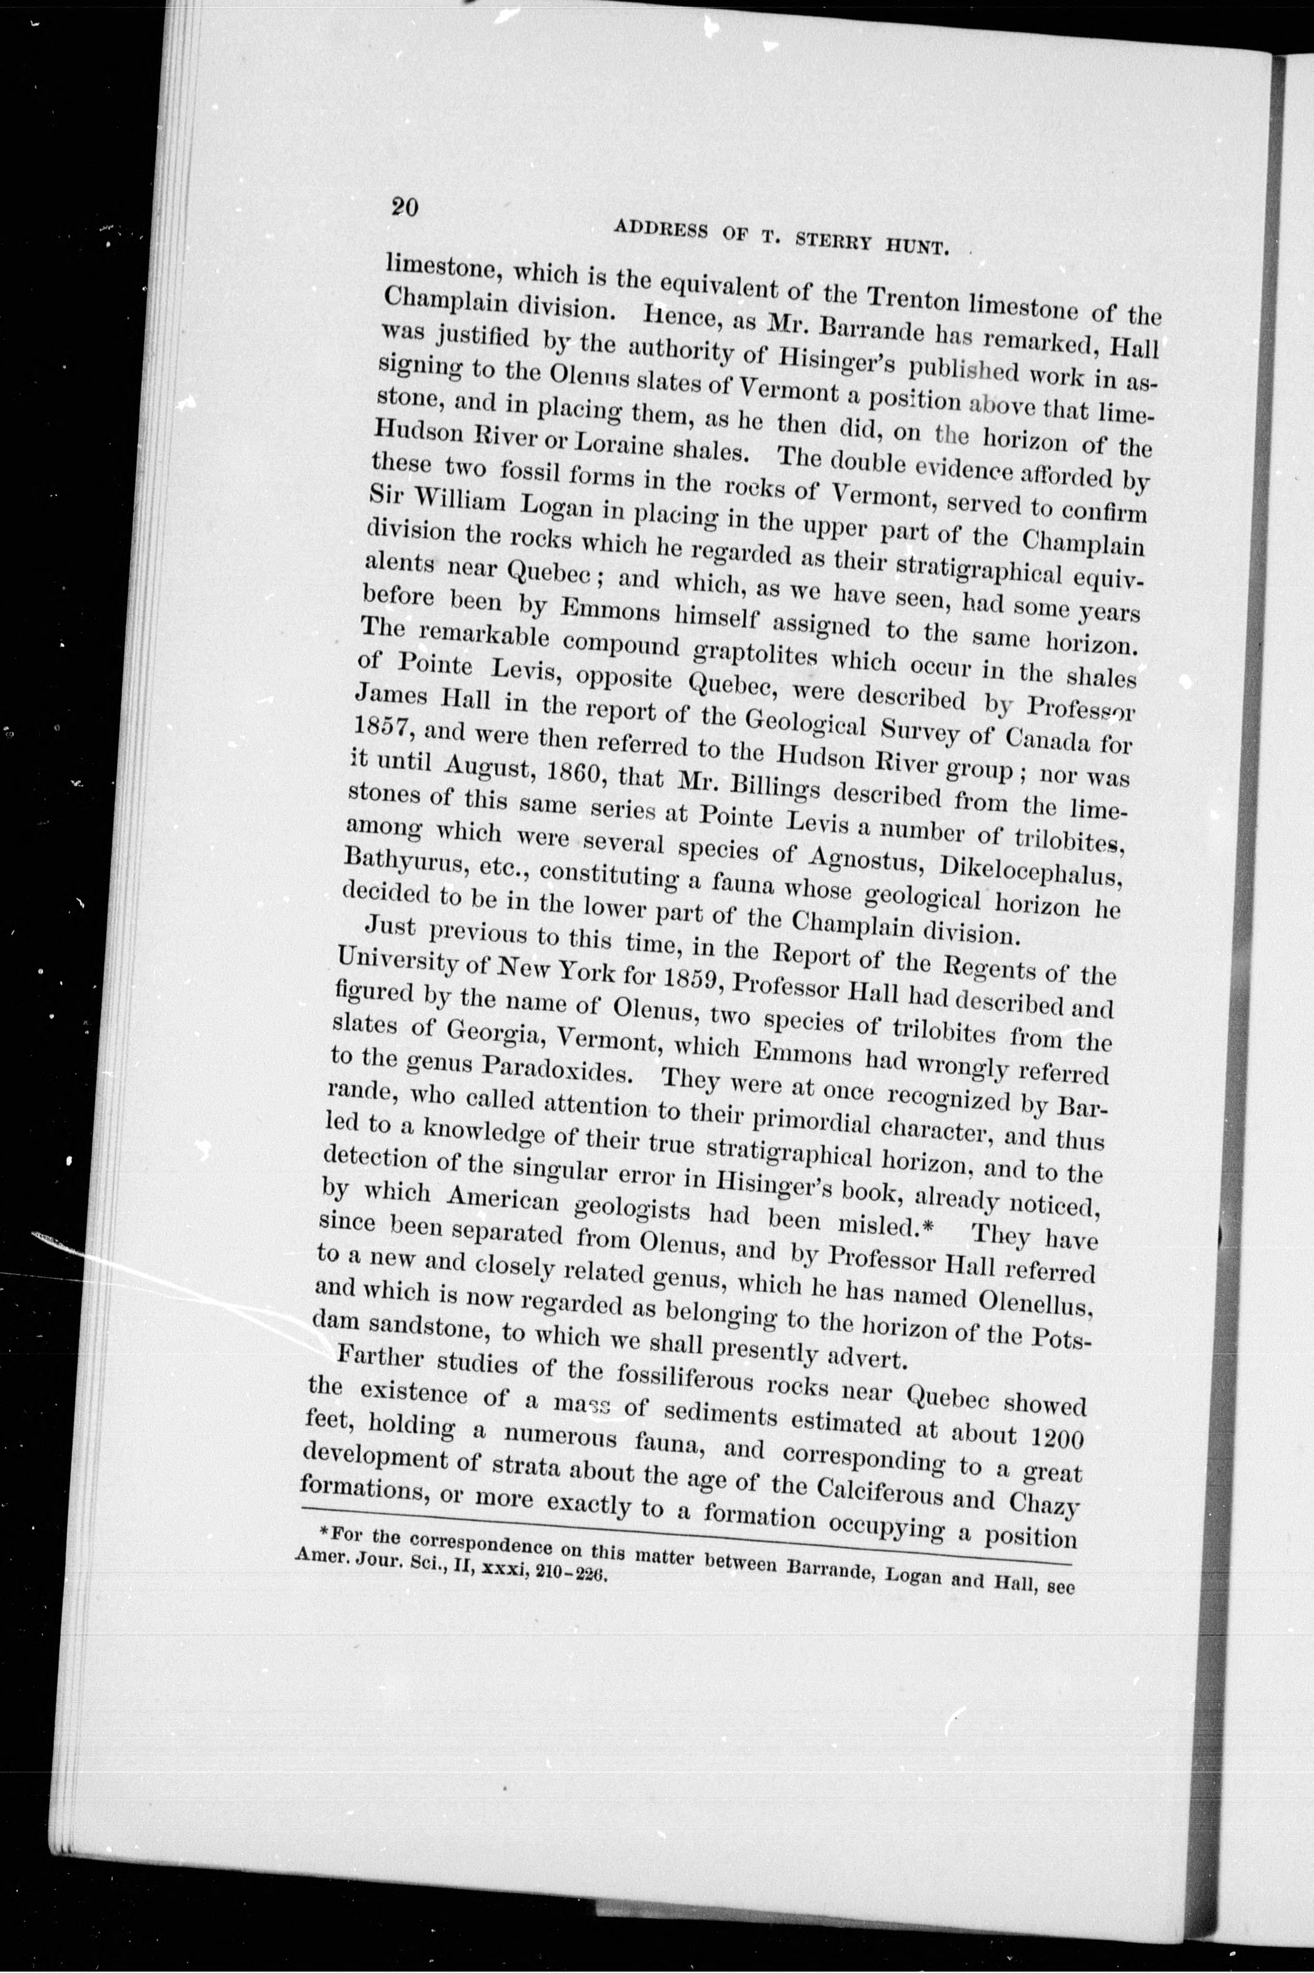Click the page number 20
[404, 206]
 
